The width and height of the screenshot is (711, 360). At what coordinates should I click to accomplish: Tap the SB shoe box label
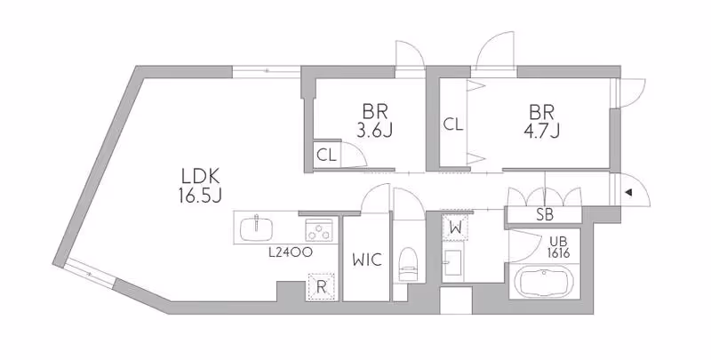[x=545, y=214]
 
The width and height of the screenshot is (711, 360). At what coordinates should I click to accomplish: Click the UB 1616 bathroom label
[x=558, y=247]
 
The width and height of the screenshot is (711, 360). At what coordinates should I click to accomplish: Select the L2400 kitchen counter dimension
[x=290, y=252]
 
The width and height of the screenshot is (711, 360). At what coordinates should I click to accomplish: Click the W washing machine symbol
[x=454, y=228]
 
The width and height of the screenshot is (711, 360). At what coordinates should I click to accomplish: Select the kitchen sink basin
[x=258, y=228]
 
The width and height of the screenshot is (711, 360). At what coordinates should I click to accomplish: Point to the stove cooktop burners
[x=318, y=229]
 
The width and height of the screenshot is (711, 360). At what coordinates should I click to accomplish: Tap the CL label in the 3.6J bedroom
[x=326, y=155]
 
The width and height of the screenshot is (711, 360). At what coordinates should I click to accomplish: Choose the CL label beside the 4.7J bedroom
[x=453, y=124]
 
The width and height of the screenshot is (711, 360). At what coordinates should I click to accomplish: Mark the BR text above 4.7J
[x=541, y=112]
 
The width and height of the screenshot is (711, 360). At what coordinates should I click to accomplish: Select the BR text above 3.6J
[x=373, y=112]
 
